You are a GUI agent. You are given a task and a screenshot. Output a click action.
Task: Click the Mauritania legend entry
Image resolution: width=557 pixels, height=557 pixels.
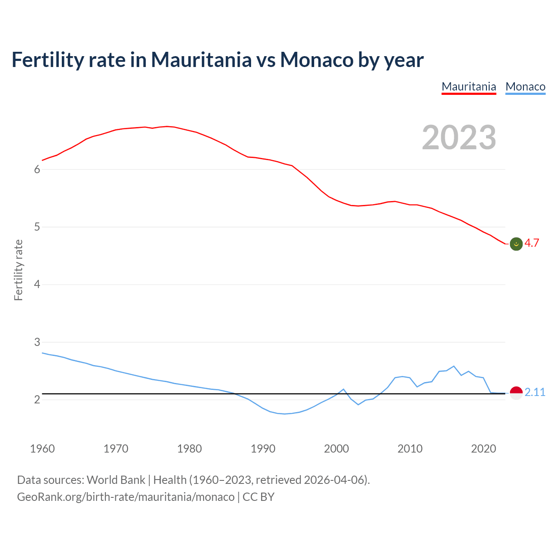coord(469,87)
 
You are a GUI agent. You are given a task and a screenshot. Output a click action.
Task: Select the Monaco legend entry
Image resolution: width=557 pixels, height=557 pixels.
coord(525,87)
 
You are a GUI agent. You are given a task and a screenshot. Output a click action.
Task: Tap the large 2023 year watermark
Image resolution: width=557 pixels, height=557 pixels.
coord(459,138)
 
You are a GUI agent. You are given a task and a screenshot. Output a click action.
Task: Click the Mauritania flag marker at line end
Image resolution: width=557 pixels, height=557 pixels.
coord(516,244)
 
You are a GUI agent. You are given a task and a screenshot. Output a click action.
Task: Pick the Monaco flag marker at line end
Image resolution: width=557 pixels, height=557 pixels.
coord(516,393)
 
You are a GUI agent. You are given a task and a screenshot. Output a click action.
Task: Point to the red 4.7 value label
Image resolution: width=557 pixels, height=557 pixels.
coord(532,243)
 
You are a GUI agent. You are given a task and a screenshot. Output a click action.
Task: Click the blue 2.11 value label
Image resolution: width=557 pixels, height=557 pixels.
coord(535,393)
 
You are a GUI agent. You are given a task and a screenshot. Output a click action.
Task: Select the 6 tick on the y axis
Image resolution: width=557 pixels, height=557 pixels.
coord(37,170)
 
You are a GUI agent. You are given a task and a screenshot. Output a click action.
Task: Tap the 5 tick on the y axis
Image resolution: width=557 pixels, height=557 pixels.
coord(37,227)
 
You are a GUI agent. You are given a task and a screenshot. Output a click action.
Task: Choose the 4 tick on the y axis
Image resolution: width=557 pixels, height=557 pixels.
coord(37,285)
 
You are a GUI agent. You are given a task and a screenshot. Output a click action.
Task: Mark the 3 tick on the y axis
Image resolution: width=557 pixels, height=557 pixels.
coord(37,342)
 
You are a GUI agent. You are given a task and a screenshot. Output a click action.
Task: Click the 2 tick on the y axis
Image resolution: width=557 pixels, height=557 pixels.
coord(37,399)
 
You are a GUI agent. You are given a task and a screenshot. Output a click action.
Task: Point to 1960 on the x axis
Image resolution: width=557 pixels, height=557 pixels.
coord(42,449)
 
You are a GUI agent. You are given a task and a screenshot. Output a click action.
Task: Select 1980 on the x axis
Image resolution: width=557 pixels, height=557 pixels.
coord(189,449)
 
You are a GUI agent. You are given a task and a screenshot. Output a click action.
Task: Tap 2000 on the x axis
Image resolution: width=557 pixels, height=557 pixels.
coord(336,449)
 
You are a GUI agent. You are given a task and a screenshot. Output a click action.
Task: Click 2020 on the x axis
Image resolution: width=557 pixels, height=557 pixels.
coord(483,449)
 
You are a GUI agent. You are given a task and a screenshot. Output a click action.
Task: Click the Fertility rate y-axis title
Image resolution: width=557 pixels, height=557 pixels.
coord(18,270)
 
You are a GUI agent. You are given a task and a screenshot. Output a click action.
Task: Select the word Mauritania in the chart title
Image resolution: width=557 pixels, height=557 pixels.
coord(201,60)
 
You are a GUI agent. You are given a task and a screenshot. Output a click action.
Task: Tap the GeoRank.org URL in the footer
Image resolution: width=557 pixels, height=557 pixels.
coord(125,497)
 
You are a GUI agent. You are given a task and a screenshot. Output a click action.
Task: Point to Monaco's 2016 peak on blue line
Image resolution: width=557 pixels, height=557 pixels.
coord(454,366)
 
